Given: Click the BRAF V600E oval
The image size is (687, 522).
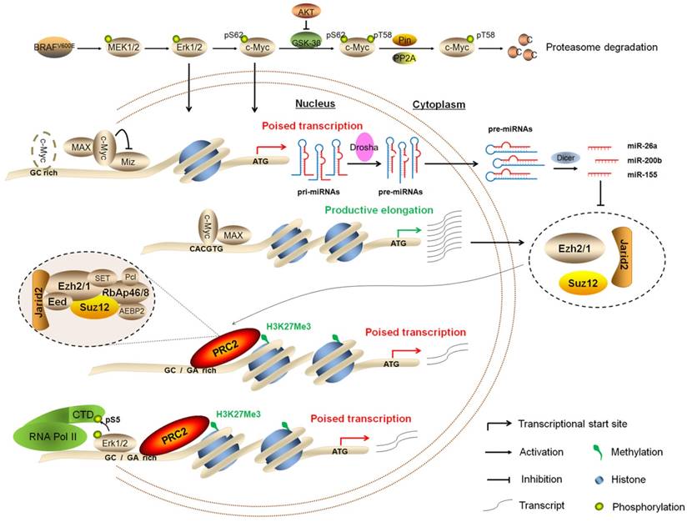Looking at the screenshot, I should coord(59,47).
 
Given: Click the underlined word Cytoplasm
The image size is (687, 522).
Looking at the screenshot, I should coord(438,106).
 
